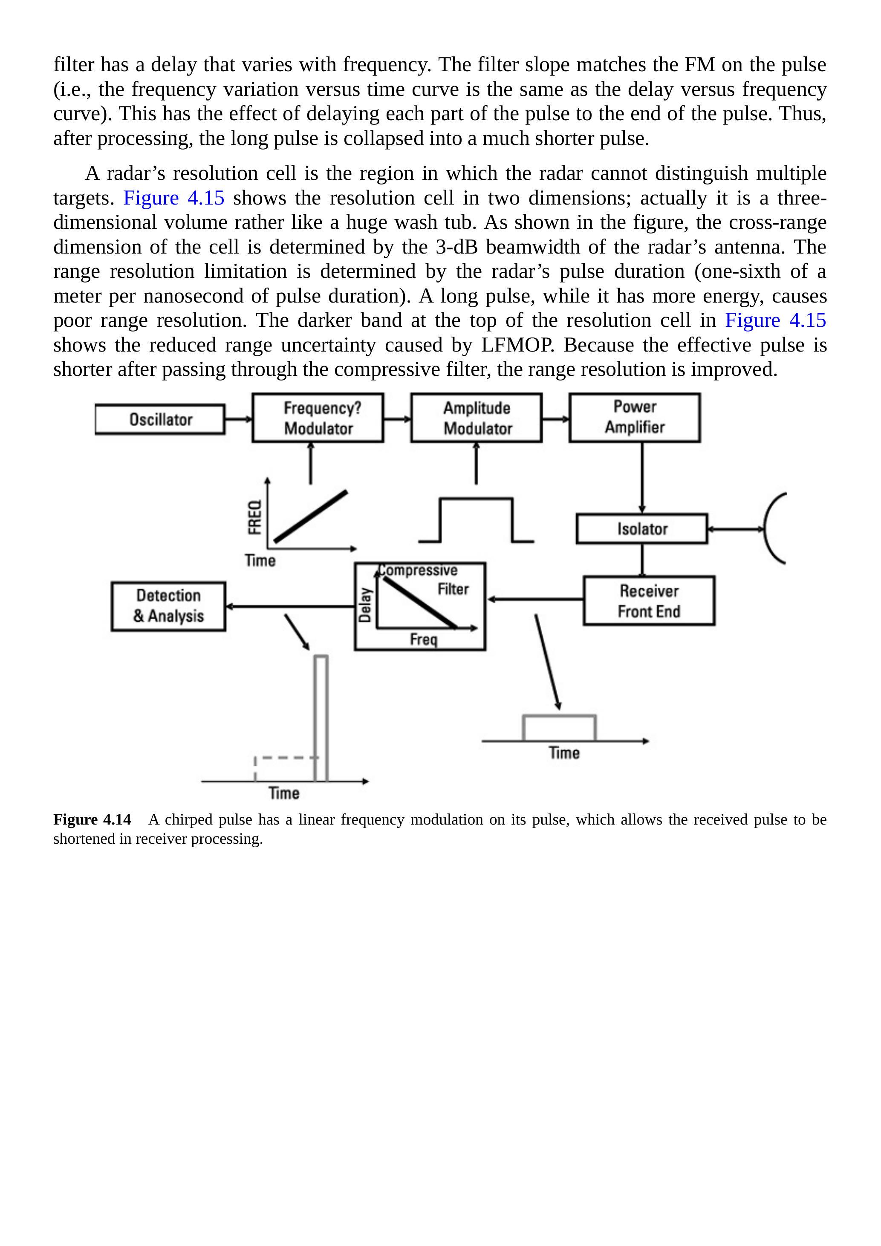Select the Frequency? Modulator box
tap(318, 418)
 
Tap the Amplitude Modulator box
tap(476, 418)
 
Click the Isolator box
tap(641, 528)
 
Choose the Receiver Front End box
tap(649, 601)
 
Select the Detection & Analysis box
tap(168, 606)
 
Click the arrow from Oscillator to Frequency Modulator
tap(238, 419)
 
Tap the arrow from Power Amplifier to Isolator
tap(642, 478)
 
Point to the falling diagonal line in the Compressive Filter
tap(419, 603)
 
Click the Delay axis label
tap(365, 605)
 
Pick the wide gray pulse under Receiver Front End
tap(559, 727)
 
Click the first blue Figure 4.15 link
tap(174, 198)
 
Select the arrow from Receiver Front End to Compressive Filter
tap(534, 599)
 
